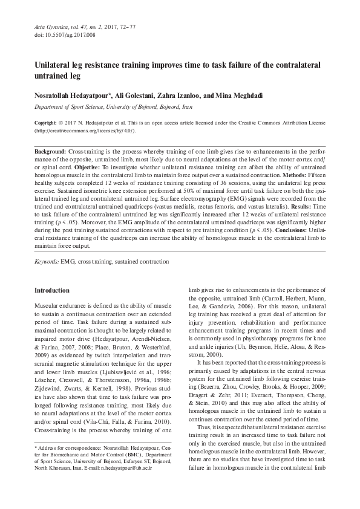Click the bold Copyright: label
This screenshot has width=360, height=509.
49,122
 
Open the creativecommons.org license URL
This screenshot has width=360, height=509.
85,130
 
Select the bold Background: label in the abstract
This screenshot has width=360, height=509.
51,150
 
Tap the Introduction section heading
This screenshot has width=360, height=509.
52,290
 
